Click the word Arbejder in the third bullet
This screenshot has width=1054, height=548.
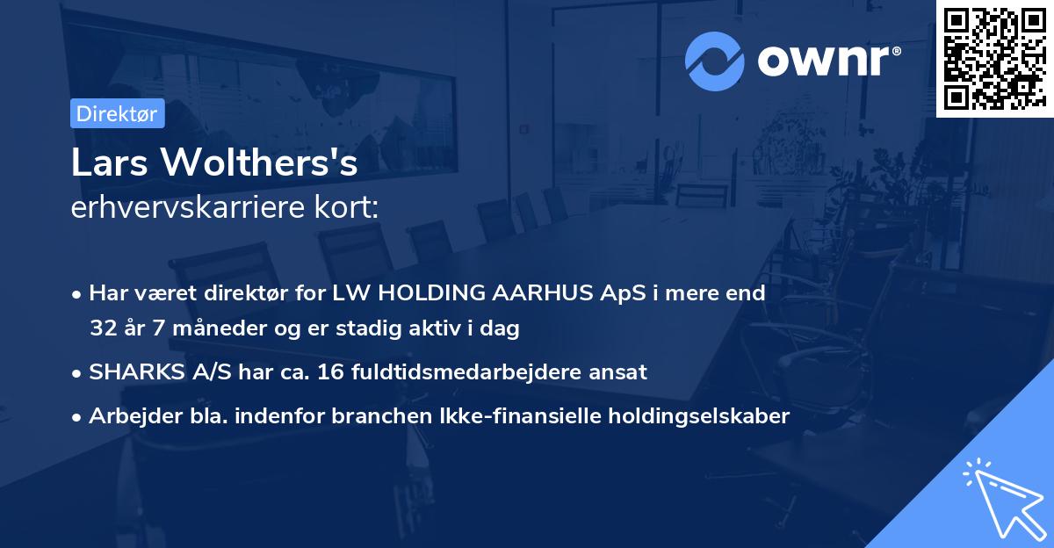point(128,416)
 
